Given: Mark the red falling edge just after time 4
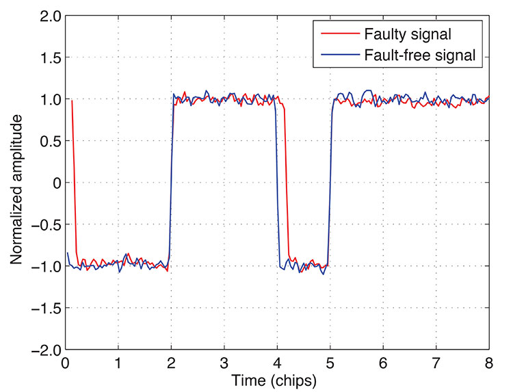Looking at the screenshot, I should click(287, 185).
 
